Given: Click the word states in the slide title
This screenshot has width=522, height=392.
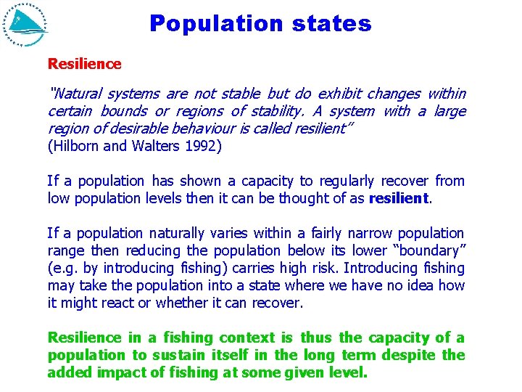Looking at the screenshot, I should pos(331,24).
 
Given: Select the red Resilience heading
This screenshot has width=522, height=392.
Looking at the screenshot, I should pos(84,64).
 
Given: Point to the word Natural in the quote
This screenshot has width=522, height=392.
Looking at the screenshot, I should pos(78,94).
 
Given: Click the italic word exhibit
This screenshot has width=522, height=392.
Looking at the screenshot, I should pos(339,94).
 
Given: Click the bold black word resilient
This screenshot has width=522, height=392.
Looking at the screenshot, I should pos(399,198).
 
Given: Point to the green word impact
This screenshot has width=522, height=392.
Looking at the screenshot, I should pos(117,373).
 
